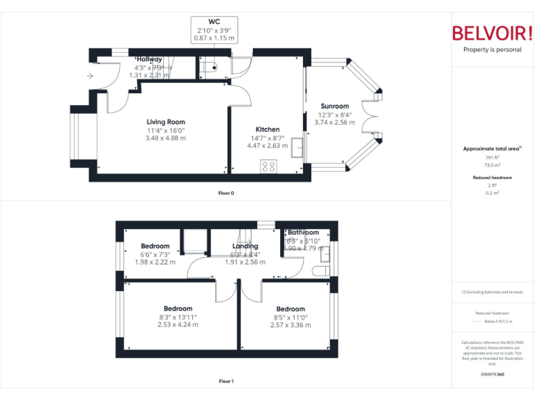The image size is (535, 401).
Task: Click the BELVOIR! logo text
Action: (x=492, y=33)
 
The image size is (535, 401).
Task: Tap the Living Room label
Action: (x=166, y=122)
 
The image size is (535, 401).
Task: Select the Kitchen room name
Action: (x=267, y=129)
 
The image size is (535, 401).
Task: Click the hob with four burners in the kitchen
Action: (x=268, y=166)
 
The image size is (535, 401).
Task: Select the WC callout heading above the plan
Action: (x=214, y=22)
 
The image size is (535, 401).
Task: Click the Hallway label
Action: (x=149, y=59)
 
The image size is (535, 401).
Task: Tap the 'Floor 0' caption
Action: (x=226, y=193)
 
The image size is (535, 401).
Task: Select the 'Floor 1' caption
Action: (x=226, y=381)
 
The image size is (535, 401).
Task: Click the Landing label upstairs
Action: (x=245, y=246)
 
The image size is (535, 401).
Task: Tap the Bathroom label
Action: (x=304, y=233)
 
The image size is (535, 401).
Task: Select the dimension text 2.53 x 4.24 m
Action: (x=178, y=324)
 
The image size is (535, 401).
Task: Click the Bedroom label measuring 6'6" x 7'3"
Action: (x=155, y=246)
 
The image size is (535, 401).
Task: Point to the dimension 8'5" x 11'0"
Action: (x=290, y=317)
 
